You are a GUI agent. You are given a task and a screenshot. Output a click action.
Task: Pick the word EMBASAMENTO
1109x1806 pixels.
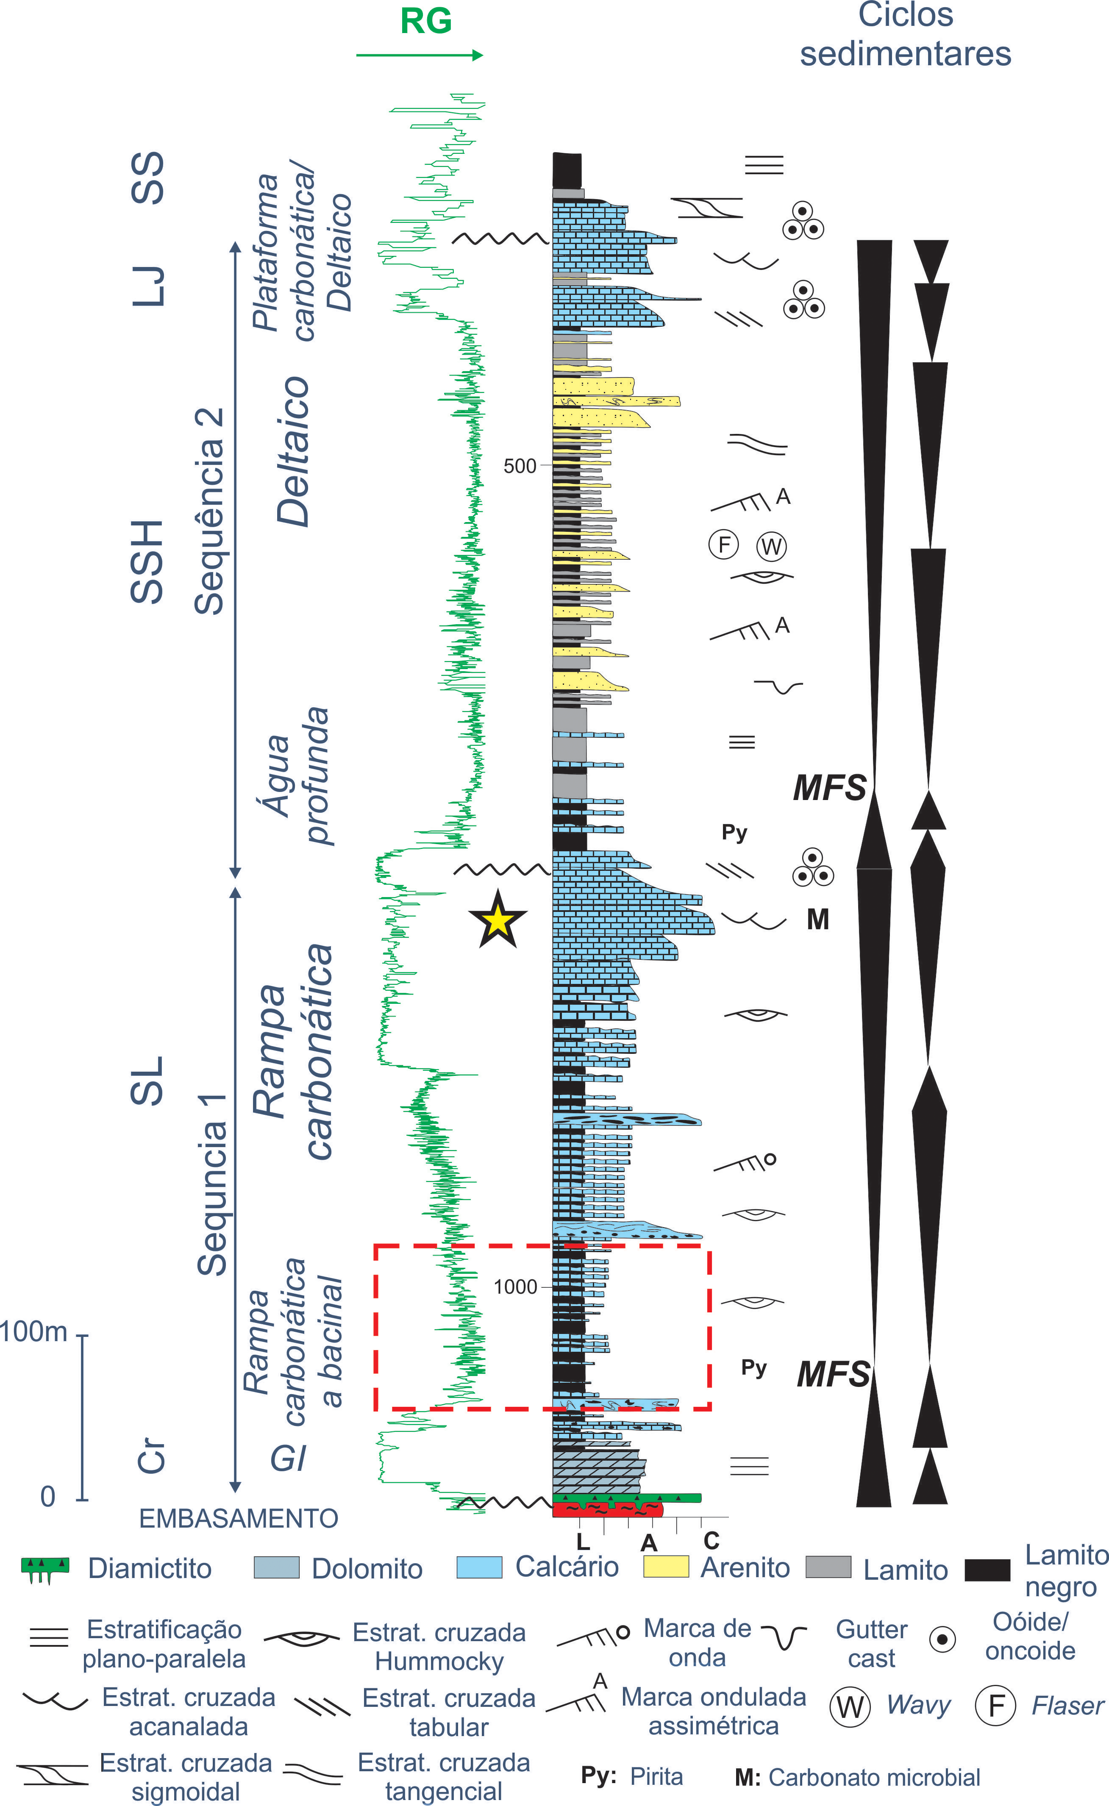click(x=239, y=1518)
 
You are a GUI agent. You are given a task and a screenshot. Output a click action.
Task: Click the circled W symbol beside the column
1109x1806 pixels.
click(x=771, y=546)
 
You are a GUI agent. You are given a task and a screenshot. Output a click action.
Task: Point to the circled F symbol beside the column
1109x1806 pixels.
click(x=724, y=545)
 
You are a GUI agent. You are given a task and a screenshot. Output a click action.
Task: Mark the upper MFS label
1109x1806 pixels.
click(x=830, y=788)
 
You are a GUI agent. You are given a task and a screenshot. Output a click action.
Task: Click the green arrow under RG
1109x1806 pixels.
click(x=420, y=55)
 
